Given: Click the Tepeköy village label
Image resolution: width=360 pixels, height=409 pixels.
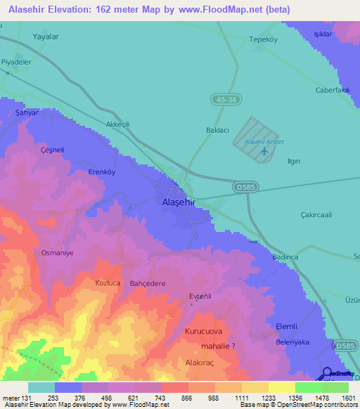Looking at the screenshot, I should pos(265,39).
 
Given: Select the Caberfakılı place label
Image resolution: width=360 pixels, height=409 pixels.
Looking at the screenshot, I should pos(333,90).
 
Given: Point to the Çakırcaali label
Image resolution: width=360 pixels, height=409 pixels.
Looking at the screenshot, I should pos(316,215).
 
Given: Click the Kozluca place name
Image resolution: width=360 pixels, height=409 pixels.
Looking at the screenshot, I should pos(109,283).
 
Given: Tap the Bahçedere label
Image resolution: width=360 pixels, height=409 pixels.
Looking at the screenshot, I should pos(148,283).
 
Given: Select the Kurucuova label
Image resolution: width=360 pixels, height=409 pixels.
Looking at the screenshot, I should pos(203,330).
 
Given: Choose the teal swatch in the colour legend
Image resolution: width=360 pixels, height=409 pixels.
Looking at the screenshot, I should pos(41,387).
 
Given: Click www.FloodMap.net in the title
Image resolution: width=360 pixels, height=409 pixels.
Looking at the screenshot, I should pos(224,10).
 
